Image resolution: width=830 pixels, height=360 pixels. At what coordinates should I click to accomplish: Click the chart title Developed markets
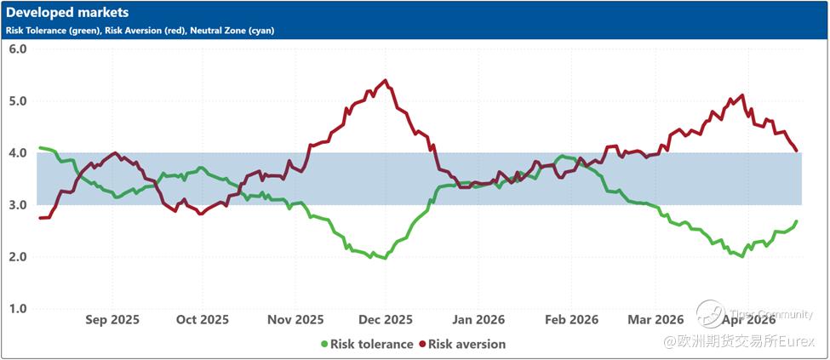[x=68, y=13]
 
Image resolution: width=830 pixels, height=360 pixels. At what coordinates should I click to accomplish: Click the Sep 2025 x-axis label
[x=113, y=320]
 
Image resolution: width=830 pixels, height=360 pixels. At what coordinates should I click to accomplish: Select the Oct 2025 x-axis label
[x=203, y=320]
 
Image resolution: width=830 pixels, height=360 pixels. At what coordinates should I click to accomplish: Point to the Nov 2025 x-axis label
[x=295, y=320]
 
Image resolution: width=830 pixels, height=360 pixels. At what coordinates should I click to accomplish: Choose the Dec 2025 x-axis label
[x=385, y=320]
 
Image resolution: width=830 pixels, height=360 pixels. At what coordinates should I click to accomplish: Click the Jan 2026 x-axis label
[x=478, y=320]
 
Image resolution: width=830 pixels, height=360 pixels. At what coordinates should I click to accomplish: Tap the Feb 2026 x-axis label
[x=570, y=320]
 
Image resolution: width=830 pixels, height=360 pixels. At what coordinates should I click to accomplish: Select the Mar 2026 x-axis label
[x=655, y=320]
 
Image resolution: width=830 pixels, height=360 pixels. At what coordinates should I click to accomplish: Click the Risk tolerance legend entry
[x=366, y=345]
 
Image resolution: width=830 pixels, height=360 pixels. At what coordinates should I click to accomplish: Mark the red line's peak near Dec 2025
[x=386, y=81]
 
